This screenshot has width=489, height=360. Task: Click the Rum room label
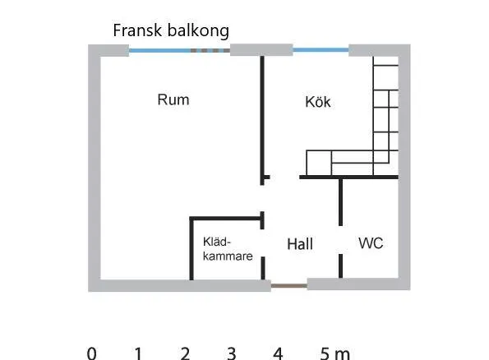coord(173,99)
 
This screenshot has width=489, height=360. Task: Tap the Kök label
coord(318,102)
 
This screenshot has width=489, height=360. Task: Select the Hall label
coord(300,244)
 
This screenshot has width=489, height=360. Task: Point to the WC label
coord(371,243)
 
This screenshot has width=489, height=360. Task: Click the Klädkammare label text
coord(228,249)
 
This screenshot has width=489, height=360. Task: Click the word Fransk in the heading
coord(137,30)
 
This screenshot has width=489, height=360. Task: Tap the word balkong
coord(198,31)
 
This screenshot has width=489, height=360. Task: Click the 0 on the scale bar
coord(92,353)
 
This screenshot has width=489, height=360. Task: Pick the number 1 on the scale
coord(138,353)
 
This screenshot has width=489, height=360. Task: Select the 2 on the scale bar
coord(185,353)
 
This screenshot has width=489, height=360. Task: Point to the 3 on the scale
coord(232,353)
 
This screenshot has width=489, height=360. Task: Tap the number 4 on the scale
coord(278,353)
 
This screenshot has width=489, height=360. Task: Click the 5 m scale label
coord(335,353)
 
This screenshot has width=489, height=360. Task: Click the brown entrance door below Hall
coord(289,285)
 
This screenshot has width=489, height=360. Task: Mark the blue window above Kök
coord(321,50)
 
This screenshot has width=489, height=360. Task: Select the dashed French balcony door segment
coord(210,50)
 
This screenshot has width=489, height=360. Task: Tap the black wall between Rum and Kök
coord(262,121)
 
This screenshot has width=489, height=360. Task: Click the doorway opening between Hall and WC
coord(340,240)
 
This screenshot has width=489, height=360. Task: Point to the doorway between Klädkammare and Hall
coord(263,243)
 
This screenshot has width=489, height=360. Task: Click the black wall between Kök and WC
coord(348,178)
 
